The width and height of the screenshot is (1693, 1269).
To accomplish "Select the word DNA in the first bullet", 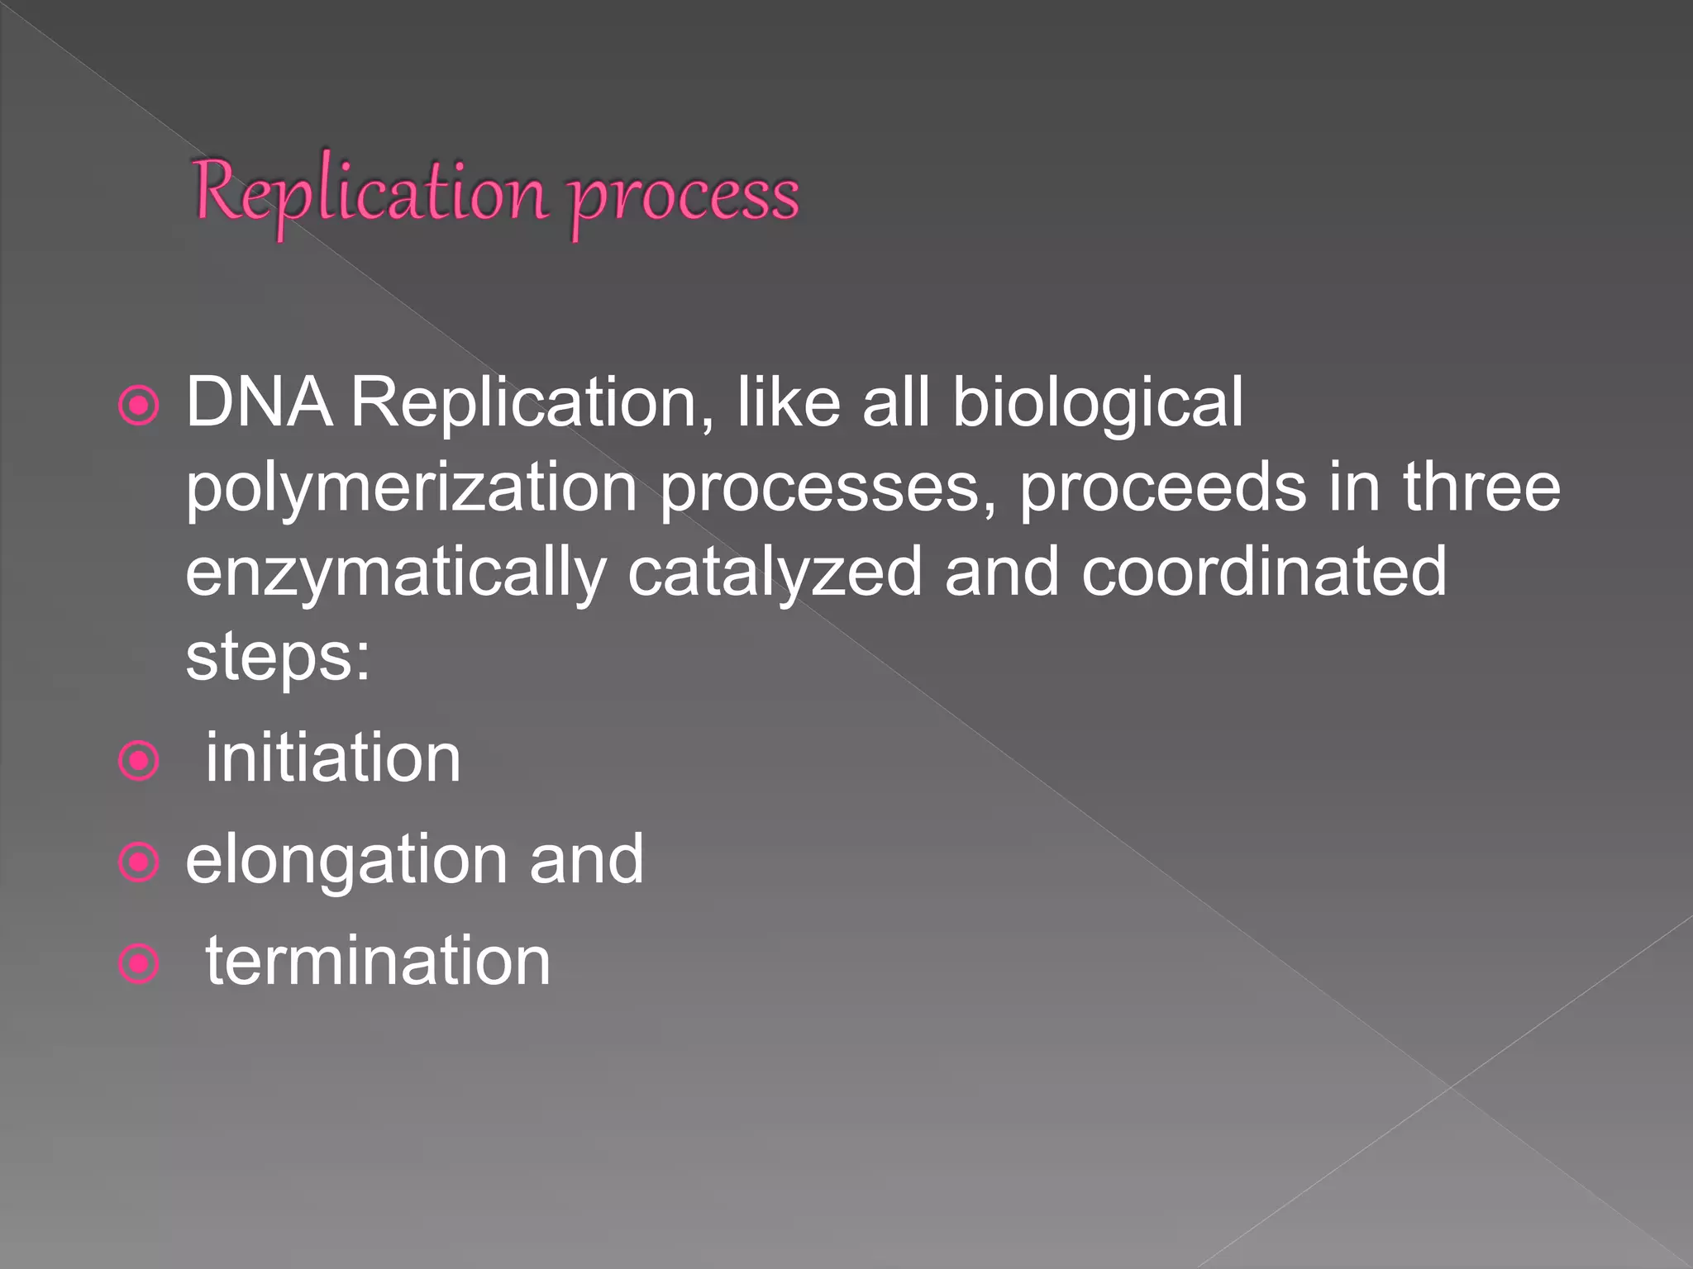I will pyautogui.click(x=259, y=402).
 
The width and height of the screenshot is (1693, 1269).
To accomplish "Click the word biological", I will pyautogui.click(x=1097, y=402).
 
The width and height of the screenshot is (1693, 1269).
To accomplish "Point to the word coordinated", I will pyautogui.click(x=1264, y=573).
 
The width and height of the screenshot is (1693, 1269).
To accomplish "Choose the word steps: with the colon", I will pyautogui.click(x=278, y=659).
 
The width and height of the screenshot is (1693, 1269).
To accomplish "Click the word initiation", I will pyautogui.click(x=332, y=758).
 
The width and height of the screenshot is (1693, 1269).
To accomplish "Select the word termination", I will pyautogui.click(x=378, y=961).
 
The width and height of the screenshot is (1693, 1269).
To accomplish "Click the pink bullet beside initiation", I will pyautogui.click(x=138, y=760).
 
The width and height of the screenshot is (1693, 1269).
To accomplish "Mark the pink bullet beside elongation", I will pyautogui.click(x=138, y=863).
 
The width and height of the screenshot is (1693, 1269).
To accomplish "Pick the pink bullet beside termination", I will pyautogui.click(x=138, y=963).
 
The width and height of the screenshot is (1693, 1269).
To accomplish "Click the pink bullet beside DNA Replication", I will pyautogui.click(x=138, y=406).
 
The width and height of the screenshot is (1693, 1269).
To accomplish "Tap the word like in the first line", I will pyautogui.click(x=789, y=402).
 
